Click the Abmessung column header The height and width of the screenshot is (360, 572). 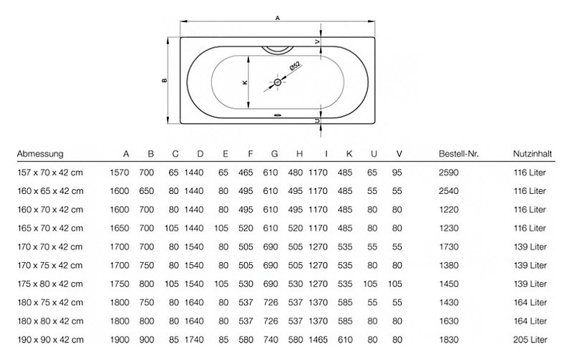tap(40, 154)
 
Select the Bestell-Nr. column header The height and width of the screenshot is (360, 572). tap(459, 154)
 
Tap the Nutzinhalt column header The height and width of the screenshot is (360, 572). tap(532, 154)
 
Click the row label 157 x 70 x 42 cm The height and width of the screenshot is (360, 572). tap(50, 172)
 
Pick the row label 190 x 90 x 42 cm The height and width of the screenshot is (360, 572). tap(50, 340)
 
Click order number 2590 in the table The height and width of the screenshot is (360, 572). tap(448, 172)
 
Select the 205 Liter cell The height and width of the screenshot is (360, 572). tap(530, 340)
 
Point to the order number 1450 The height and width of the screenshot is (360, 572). tap(448, 284)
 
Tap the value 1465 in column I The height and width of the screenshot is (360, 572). tap(318, 340)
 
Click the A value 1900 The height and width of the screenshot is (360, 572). tap(120, 340)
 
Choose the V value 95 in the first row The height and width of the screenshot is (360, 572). tap(397, 172)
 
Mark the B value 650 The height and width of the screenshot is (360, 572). tap(146, 191)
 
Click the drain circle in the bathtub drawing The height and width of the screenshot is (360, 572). tap(278, 82)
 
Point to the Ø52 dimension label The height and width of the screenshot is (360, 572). tap(295, 66)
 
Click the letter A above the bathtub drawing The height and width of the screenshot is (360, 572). tap(278, 18)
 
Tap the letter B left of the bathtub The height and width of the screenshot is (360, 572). tap(165, 80)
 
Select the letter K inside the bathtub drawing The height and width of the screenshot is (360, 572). tap(245, 82)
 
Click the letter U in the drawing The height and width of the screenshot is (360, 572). tap(318, 120)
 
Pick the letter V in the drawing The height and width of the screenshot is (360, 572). tap(318, 42)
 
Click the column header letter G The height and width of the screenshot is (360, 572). tap(274, 154)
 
